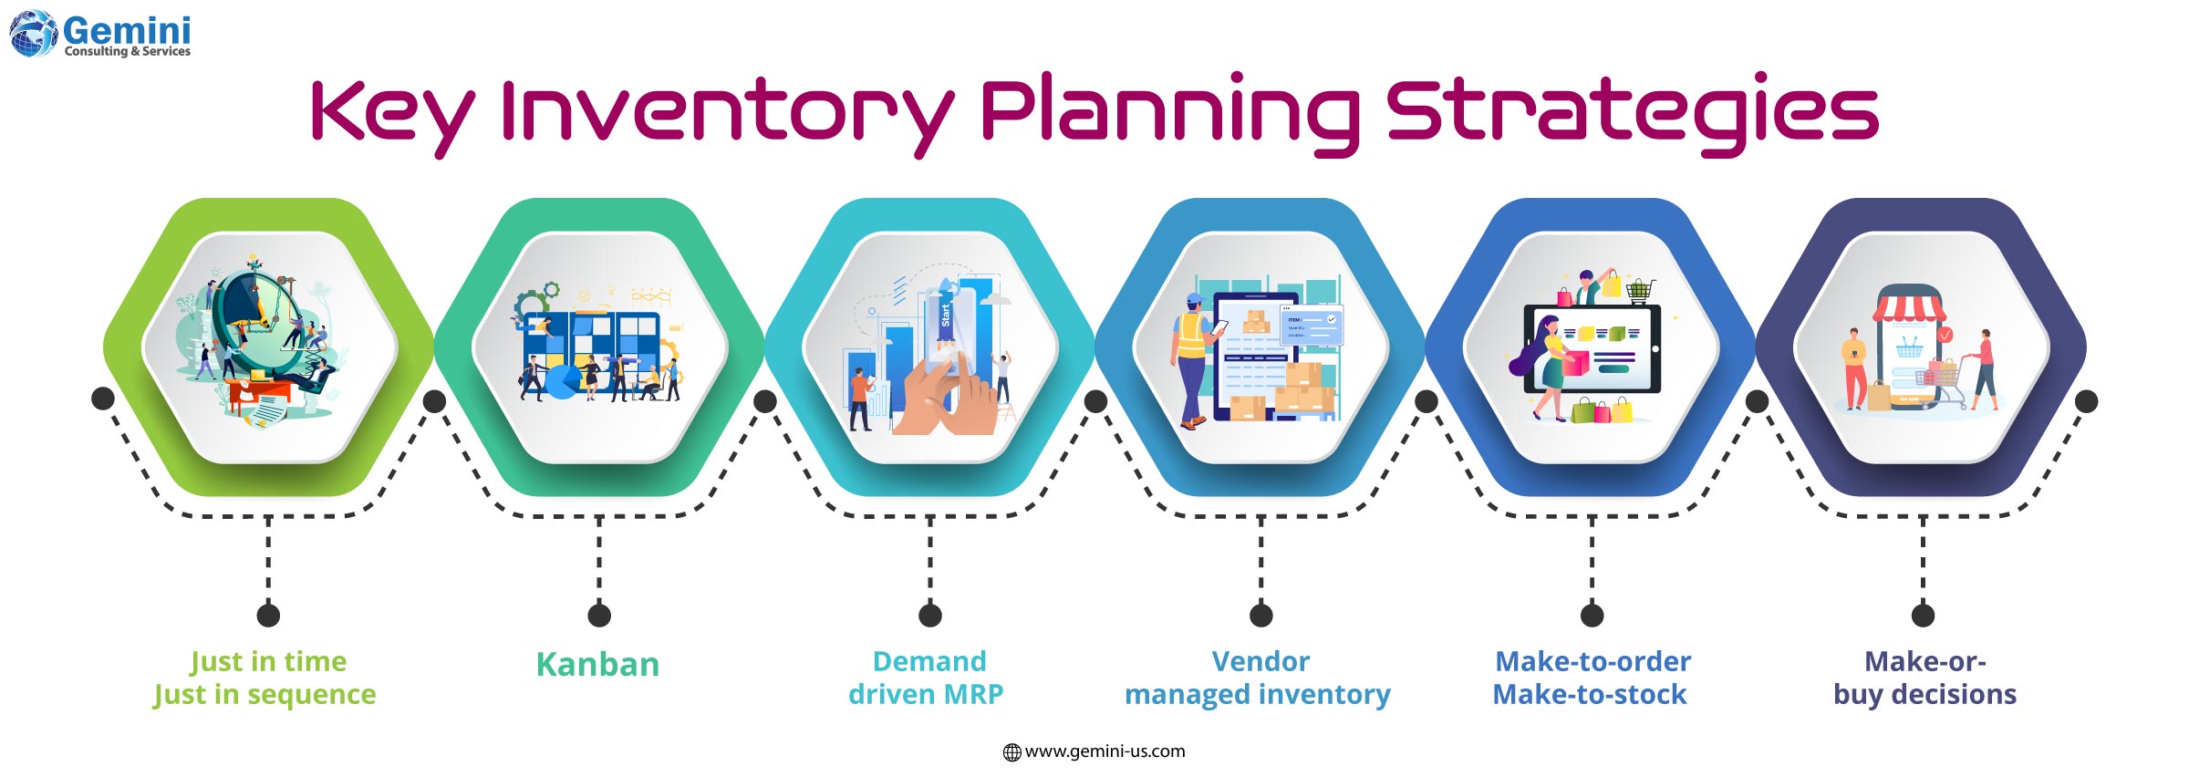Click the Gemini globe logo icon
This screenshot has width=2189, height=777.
33,34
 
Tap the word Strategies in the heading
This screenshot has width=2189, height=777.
1632,111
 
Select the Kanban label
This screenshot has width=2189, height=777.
597,665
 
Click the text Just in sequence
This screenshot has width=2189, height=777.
265,695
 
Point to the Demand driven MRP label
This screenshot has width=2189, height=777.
927,678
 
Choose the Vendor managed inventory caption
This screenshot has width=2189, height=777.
1258,678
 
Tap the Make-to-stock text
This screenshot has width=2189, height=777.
1589,695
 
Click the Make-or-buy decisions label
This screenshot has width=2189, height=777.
1924,678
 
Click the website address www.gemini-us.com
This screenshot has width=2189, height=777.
1105,751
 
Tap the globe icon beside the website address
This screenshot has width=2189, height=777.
1012,752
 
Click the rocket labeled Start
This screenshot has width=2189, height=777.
946,315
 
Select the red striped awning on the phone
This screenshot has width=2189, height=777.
1909,308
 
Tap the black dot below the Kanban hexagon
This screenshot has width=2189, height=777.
599,616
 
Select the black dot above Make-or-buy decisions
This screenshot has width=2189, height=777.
1923,616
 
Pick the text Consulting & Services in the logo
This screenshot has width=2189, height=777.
128,52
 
